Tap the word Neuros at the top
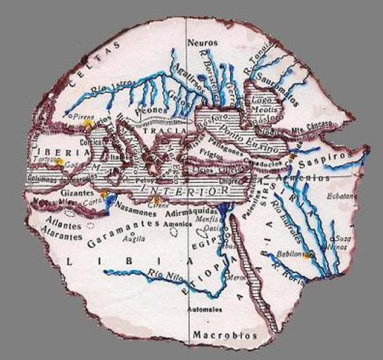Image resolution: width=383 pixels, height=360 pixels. click(x=202, y=43)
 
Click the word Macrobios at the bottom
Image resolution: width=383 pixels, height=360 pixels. click(x=224, y=334)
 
